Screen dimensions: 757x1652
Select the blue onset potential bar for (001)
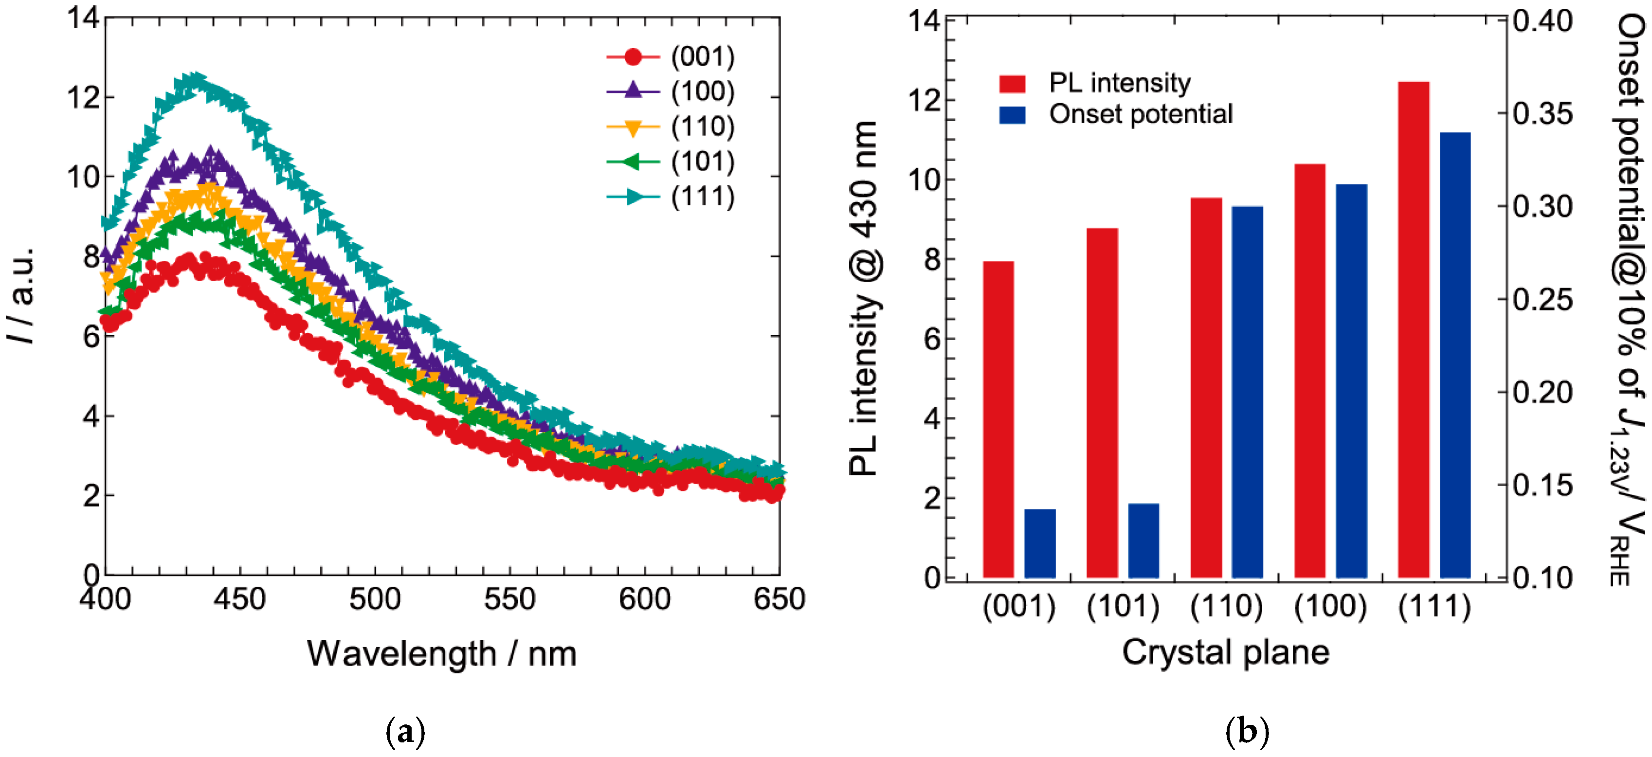(x=1039, y=543)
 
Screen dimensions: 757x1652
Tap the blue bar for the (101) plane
(x=1144, y=541)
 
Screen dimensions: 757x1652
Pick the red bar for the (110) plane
(x=1206, y=388)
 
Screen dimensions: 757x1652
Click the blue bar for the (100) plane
(x=1351, y=381)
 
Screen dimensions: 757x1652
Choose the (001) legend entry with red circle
(x=670, y=57)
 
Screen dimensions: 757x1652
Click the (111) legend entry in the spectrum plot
(x=670, y=196)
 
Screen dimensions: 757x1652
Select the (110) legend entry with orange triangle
(x=670, y=127)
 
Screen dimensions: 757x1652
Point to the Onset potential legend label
(x=1140, y=114)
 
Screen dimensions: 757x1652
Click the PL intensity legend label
(x=1119, y=83)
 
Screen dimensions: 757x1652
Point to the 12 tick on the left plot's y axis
(x=83, y=97)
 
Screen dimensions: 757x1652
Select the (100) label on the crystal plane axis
(x=1330, y=606)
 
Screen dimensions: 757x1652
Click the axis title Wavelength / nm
(x=442, y=654)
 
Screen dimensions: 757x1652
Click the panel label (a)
(x=405, y=731)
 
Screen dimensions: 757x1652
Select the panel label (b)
(x=1247, y=731)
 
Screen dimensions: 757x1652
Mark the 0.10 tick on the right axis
(x=1543, y=578)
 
